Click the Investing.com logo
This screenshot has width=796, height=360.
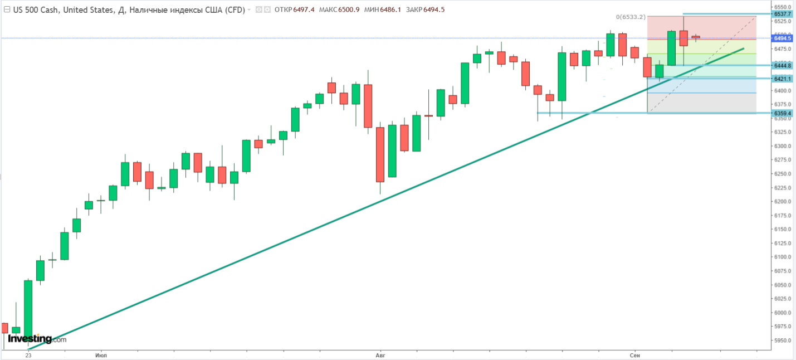(x=37, y=338)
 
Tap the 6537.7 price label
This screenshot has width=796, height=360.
(x=782, y=14)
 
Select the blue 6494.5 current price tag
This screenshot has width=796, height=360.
(x=782, y=38)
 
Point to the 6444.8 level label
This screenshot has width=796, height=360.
(x=782, y=66)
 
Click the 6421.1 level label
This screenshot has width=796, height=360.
(x=782, y=79)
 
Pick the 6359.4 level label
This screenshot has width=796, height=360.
(x=782, y=114)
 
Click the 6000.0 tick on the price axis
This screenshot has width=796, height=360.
(x=782, y=313)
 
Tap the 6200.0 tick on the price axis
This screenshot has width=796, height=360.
(x=782, y=202)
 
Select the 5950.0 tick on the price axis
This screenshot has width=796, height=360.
(x=782, y=340)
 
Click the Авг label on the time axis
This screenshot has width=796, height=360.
(x=380, y=354)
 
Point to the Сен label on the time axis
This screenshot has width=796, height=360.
(x=634, y=354)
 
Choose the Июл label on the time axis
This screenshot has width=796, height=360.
(x=101, y=354)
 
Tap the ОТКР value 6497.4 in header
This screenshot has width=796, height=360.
(x=306, y=9)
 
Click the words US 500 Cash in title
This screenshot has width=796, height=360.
(x=38, y=9)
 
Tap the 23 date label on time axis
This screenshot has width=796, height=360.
(x=28, y=354)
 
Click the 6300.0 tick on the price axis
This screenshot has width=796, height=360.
(x=782, y=147)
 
